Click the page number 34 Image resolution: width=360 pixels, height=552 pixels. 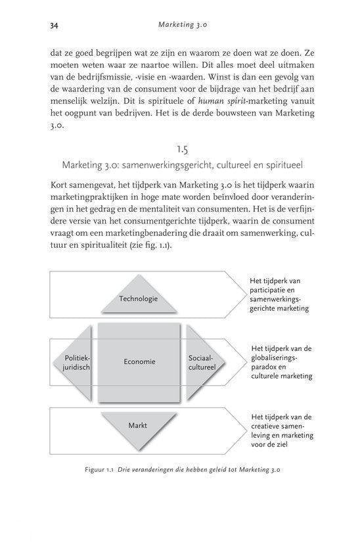coord(54,26)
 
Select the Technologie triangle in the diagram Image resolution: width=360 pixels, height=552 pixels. coord(139,298)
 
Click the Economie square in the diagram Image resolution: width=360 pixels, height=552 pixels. coord(139,361)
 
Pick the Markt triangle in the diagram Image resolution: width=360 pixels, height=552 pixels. coord(138,426)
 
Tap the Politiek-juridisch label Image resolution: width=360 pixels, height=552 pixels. coord(72,362)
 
